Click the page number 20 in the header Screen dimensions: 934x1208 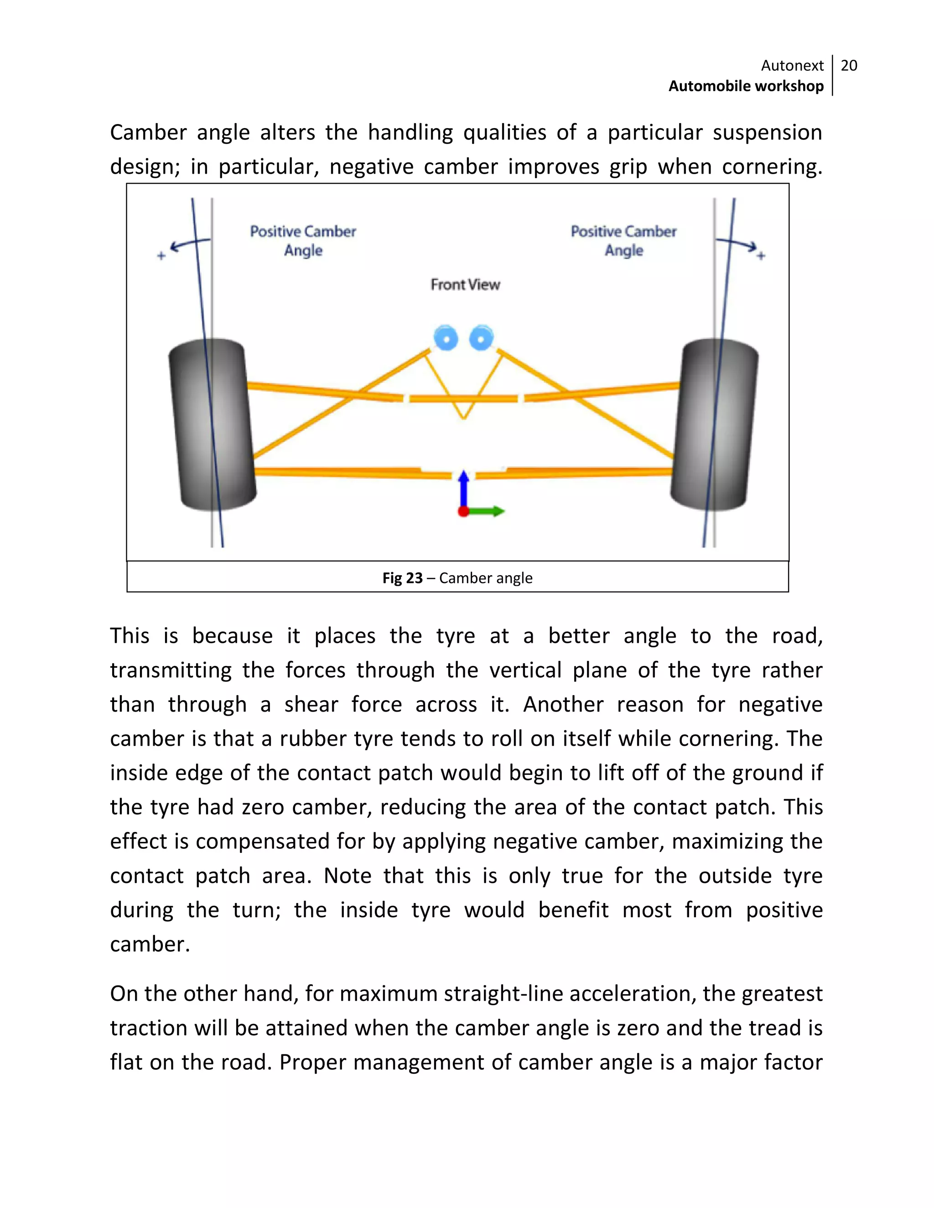click(x=848, y=66)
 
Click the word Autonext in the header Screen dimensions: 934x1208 click(x=792, y=66)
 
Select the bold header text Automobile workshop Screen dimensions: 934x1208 click(x=746, y=86)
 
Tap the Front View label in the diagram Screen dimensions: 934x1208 click(x=465, y=284)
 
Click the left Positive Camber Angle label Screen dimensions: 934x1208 click(x=303, y=241)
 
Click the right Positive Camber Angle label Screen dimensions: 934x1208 click(x=623, y=241)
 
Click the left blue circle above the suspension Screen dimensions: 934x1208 click(x=446, y=338)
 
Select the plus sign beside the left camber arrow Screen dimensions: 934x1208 click(x=161, y=256)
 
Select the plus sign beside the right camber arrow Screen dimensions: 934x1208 click(x=761, y=256)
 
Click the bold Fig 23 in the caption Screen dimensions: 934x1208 click(x=402, y=578)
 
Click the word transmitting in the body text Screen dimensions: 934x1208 click(x=171, y=671)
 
